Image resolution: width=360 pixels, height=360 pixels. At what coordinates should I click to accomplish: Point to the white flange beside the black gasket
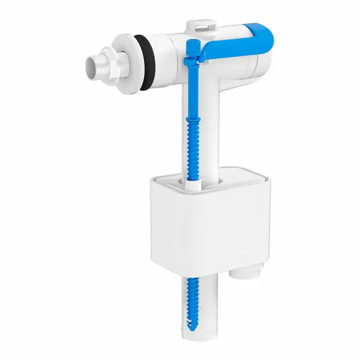(130, 55)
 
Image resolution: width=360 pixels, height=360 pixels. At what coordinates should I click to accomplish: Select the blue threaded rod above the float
(193, 138)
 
